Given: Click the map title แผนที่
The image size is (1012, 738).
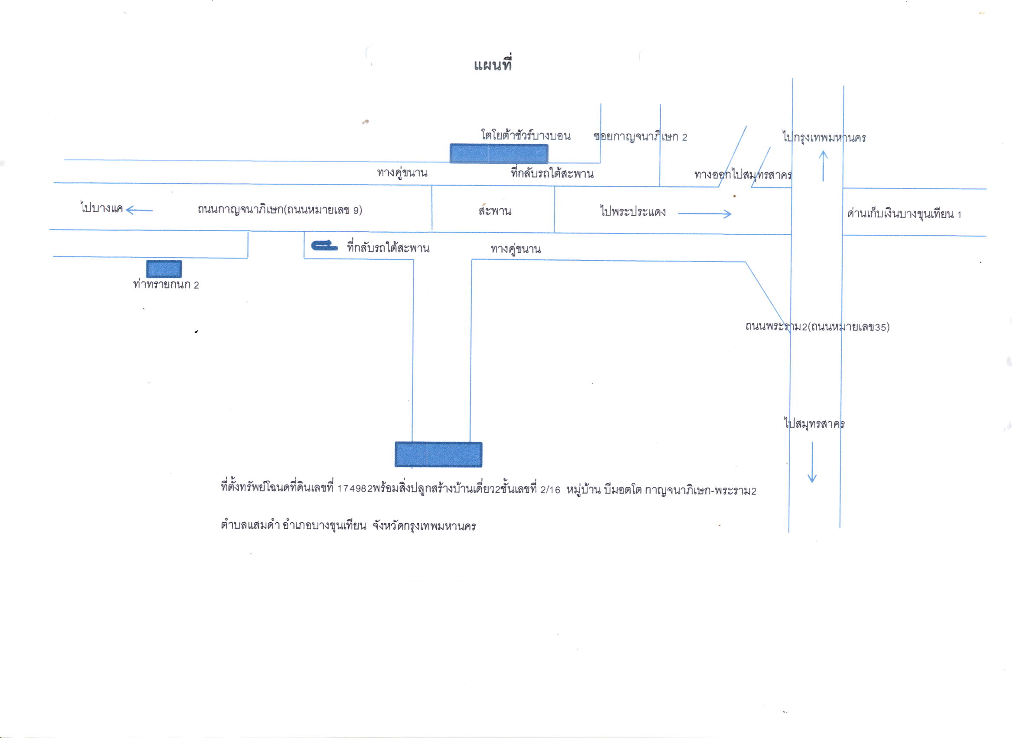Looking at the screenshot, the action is [493, 65].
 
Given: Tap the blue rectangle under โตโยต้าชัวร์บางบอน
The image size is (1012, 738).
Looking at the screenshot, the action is [499, 154].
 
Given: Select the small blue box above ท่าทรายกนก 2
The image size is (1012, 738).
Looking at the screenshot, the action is [164, 269].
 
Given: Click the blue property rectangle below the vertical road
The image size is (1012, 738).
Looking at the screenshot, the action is [438, 454].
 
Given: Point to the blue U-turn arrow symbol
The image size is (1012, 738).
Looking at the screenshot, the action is [324, 245].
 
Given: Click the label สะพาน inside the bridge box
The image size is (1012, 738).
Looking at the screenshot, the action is [495, 210].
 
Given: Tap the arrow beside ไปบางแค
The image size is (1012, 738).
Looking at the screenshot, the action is [139, 210].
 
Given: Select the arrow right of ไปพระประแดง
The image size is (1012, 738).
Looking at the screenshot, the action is [704, 214].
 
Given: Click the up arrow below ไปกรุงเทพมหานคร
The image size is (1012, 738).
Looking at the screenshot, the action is [824, 166].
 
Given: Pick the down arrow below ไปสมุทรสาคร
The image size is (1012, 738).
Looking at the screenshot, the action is [812, 463].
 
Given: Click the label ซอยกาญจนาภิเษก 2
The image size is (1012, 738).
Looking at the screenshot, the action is [640, 137].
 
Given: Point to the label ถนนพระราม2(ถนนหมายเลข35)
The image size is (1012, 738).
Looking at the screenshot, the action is [817, 327].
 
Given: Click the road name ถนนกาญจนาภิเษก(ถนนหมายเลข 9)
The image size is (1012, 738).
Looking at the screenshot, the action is [280, 210].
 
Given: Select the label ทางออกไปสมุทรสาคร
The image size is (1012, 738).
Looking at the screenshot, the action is [743, 174].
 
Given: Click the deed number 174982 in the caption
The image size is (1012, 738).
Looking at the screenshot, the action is [354, 489].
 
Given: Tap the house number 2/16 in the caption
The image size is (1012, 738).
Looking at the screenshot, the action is [550, 489].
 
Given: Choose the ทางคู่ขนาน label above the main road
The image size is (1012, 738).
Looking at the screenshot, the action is [402, 172].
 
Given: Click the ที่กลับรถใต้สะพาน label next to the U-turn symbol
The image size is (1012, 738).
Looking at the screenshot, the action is [388, 247].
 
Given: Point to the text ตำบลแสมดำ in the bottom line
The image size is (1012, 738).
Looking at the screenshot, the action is [250, 525].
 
